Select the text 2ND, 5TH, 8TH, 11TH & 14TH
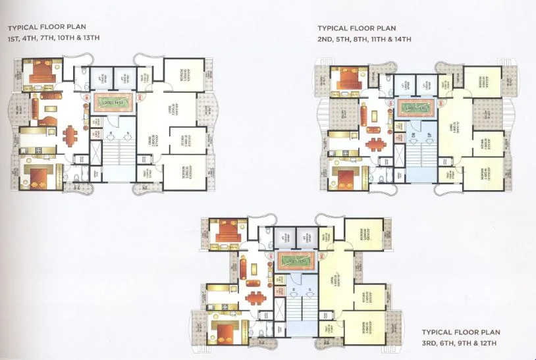[364, 39]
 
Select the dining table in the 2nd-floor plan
[375, 144]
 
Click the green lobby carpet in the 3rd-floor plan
[296, 260]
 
